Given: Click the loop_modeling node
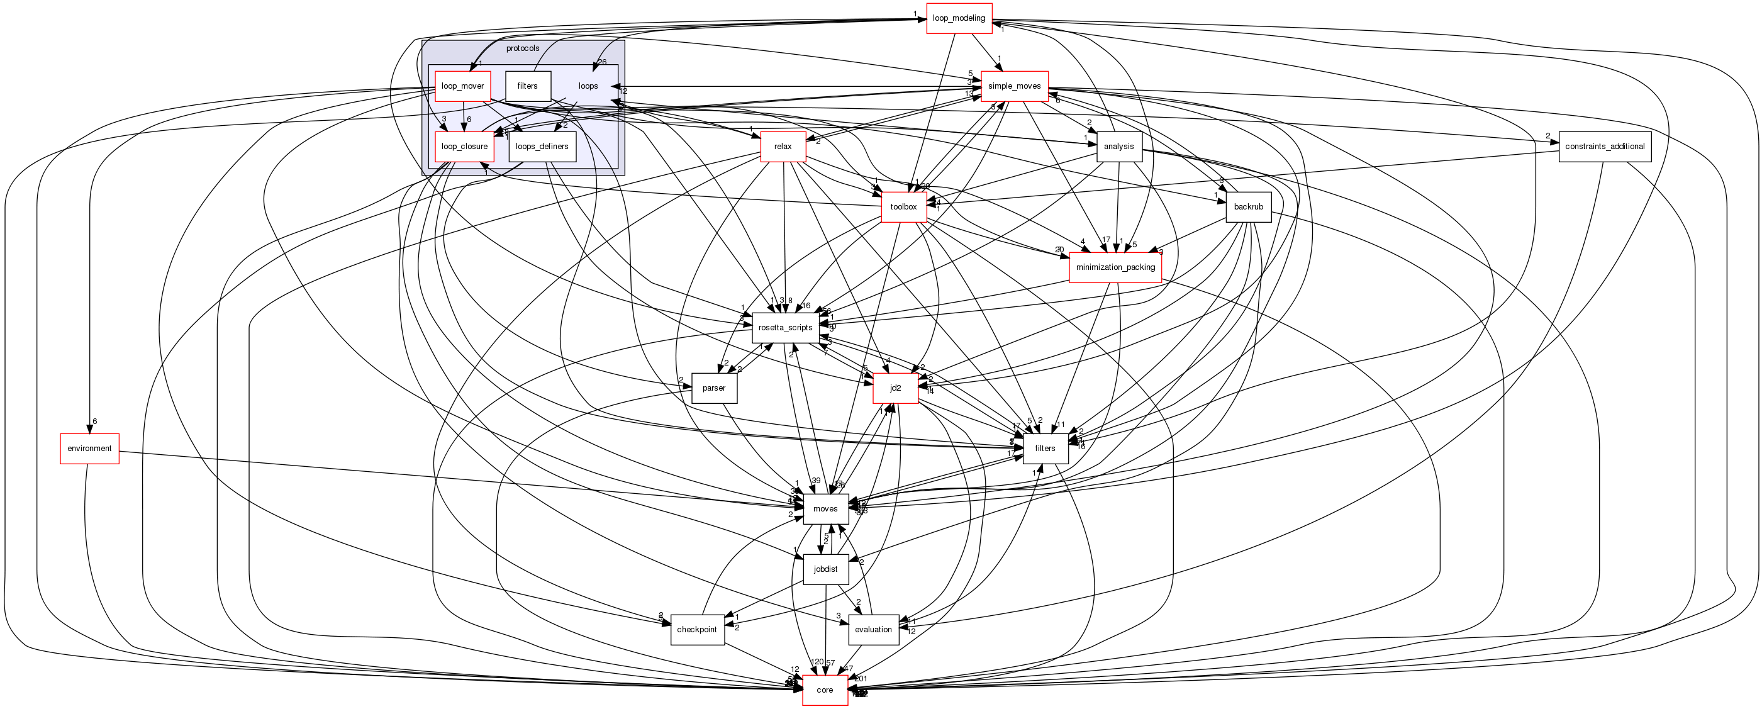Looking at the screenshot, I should pos(958,18).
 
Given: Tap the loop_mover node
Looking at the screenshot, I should pos(462,86).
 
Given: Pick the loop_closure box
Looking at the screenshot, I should pos(464,147).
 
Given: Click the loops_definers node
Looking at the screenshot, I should pos(542,147).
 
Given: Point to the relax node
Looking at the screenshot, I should pos(783,147).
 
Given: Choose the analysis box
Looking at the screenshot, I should pos(1118,147).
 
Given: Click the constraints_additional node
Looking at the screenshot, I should pos(1604,147).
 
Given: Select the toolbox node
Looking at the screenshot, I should pos(903,207).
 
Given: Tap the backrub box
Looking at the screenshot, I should pos(1247,207).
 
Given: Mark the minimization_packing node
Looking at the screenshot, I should pos(1115,267).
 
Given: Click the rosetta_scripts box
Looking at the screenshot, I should pos(784,328).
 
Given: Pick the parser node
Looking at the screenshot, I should pos(713,388).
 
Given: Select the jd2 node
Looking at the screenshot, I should pos(895,388).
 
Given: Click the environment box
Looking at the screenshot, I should pos(89,449).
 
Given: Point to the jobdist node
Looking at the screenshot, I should pos(825,569).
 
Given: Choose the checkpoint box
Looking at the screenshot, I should pos(696,630).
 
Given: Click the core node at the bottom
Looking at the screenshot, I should pos(824,690).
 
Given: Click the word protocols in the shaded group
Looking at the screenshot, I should pos(523,48).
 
